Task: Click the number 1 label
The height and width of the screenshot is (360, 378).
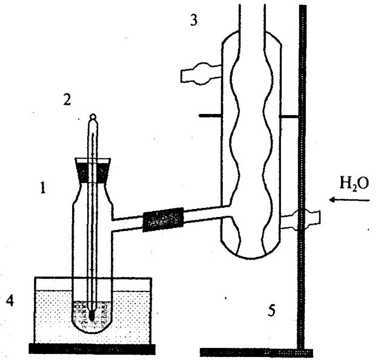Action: point(43,188)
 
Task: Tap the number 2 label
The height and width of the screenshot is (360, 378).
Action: point(67,99)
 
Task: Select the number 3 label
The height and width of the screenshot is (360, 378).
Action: point(193,20)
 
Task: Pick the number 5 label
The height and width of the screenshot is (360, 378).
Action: point(272,312)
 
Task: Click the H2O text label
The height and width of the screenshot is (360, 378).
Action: point(354,184)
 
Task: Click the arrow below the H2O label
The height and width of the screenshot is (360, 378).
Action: point(341,199)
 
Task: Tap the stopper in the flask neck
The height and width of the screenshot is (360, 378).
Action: point(92,170)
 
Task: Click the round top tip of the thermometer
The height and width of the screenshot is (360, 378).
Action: point(92,118)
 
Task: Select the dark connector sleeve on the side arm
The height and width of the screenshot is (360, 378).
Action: point(162,219)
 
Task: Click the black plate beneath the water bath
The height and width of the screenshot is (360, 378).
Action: point(92,348)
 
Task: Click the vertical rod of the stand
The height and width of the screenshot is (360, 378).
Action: point(300,152)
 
